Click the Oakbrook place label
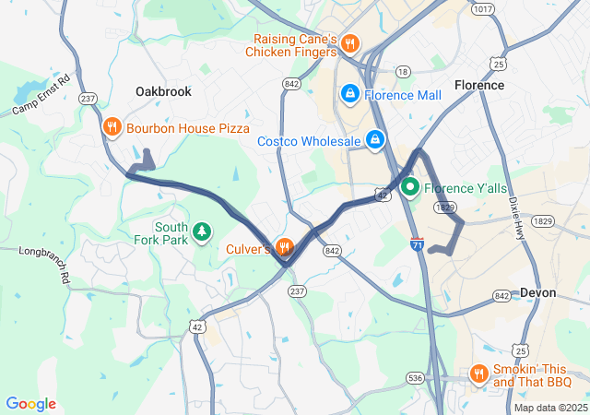click(x=162, y=91)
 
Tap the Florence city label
click(x=479, y=85)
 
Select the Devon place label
click(x=538, y=292)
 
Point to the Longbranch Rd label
click(x=45, y=251)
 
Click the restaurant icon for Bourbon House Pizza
click(x=112, y=128)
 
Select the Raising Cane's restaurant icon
click(x=349, y=43)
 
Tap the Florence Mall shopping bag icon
click(x=349, y=94)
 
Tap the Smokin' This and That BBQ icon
click(x=478, y=373)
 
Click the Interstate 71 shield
click(x=417, y=244)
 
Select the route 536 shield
click(x=416, y=378)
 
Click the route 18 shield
click(x=402, y=71)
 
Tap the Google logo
click(x=30, y=404)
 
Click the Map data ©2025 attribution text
click(x=549, y=408)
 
